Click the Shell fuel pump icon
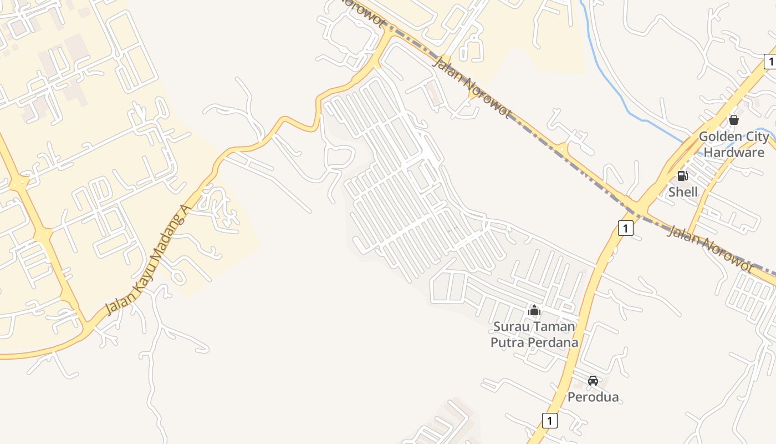point(682,176)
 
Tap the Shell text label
point(682,192)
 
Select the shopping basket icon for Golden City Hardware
point(734,120)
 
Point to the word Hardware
point(734,152)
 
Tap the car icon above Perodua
point(593,381)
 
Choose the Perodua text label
point(593,397)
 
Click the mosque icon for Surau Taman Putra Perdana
point(534,310)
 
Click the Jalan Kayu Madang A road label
point(147,259)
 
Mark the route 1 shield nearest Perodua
point(549,421)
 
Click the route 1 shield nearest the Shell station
point(625,228)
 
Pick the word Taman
point(554,326)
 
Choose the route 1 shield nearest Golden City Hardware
point(769,62)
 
